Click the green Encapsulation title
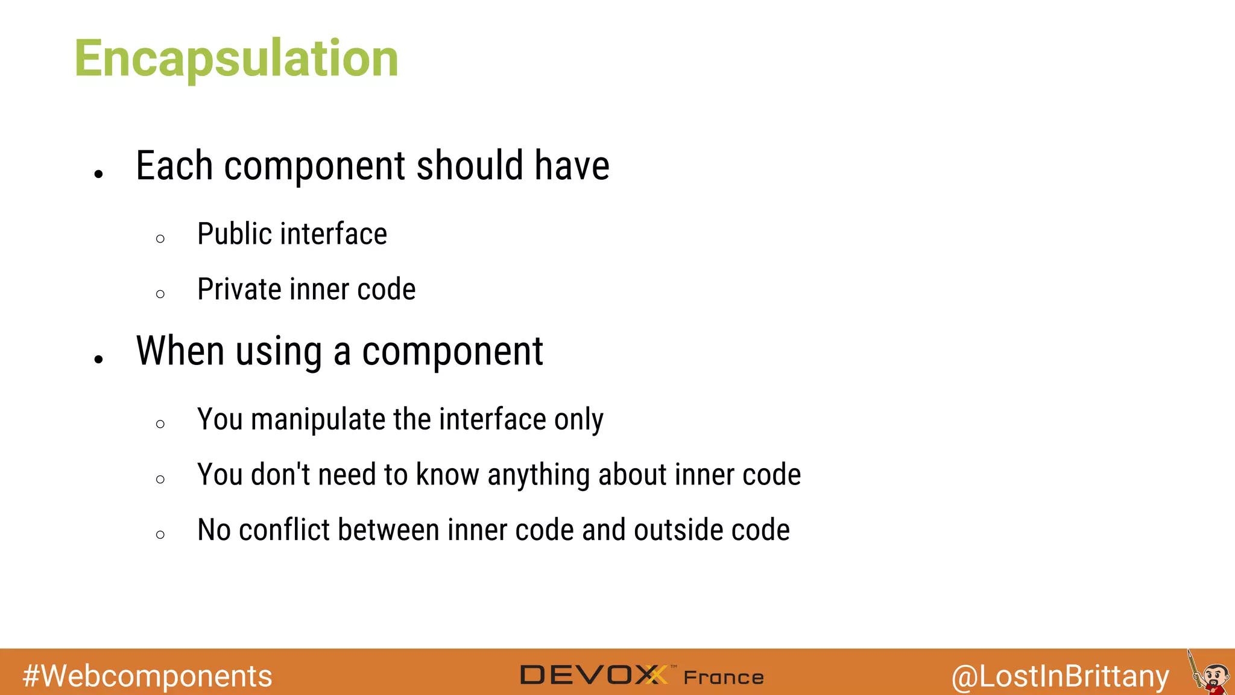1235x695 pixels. [236, 59]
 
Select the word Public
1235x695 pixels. [233, 234]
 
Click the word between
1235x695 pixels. [388, 530]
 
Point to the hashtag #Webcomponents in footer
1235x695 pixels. [147, 676]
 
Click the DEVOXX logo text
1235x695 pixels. [593, 675]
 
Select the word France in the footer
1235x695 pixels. [724, 678]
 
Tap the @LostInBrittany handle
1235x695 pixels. [1060, 676]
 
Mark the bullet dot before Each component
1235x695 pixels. [99, 174]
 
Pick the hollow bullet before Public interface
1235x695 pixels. [160, 239]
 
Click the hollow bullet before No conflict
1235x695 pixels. [160, 535]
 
